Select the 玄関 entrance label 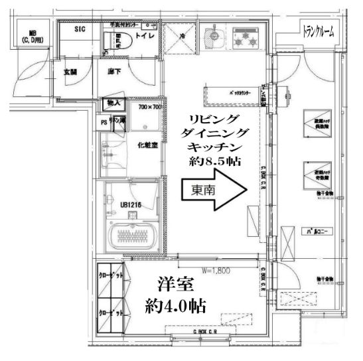coord(70,72)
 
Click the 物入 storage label coord(112,103)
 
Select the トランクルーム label coord(318,31)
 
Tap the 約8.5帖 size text coord(214,161)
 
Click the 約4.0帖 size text coord(175,306)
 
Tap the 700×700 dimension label coord(150,106)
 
